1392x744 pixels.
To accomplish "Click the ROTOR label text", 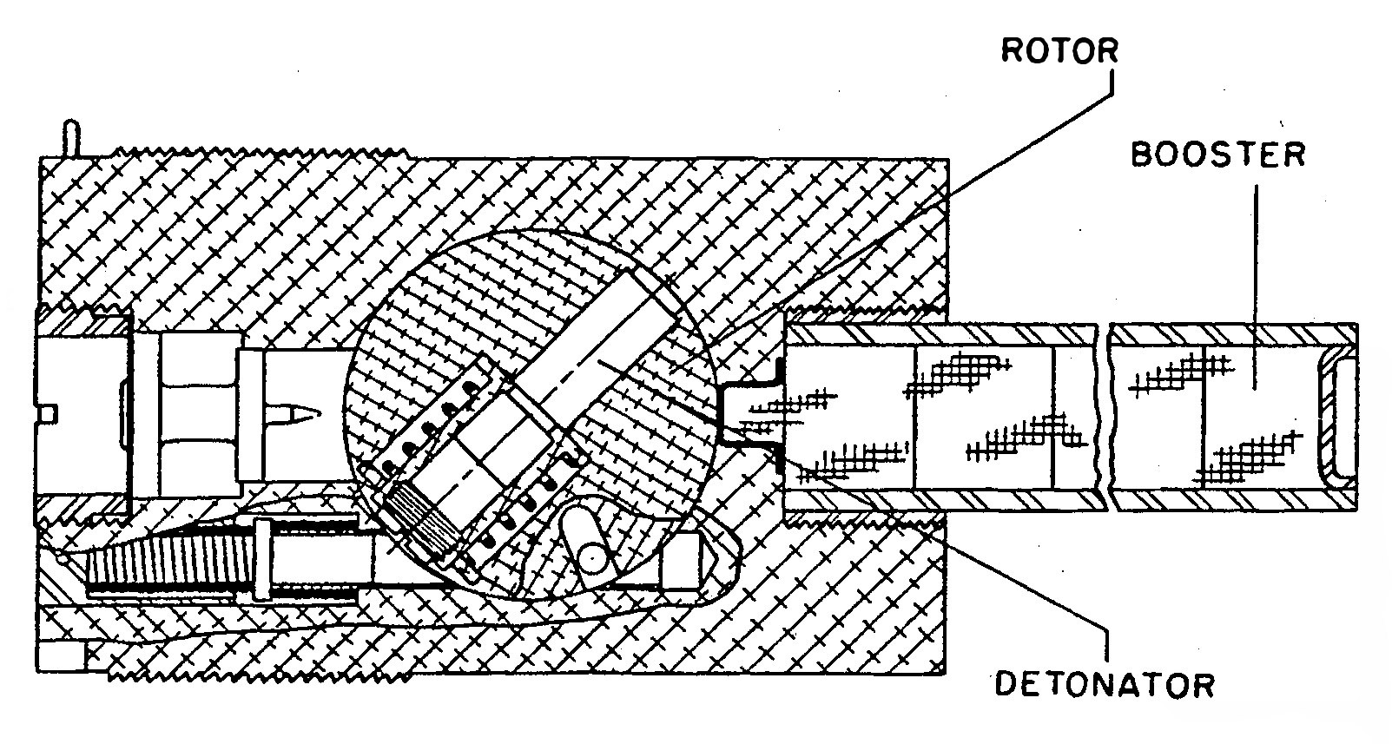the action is (x=1059, y=50).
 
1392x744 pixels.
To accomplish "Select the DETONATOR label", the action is (x=1105, y=685).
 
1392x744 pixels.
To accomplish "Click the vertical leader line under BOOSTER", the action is (x=1256, y=286).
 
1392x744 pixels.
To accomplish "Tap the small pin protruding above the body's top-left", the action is (x=72, y=138).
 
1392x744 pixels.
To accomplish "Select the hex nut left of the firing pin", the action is (x=200, y=414).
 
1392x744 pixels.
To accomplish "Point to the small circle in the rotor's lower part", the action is (x=591, y=560).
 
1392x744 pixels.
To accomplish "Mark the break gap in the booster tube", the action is (x=1104, y=417).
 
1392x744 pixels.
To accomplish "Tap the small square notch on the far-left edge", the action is (x=49, y=414).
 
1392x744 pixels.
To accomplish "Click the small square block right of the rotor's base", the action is (x=681, y=560).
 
